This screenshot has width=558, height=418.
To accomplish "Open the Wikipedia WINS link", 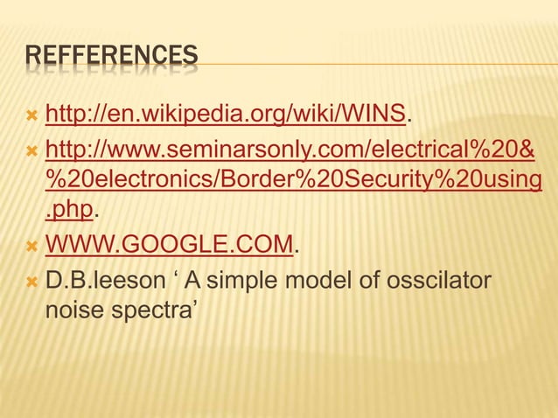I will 225,114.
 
